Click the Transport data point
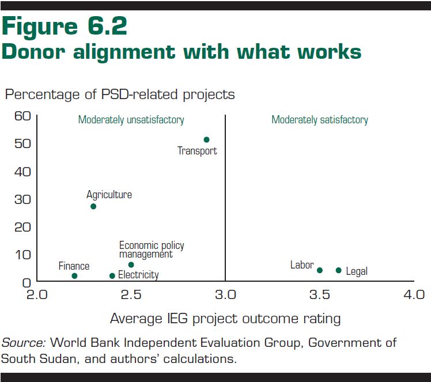click(x=206, y=139)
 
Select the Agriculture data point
click(x=93, y=206)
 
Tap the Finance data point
click(x=74, y=276)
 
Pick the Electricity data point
click(x=112, y=276)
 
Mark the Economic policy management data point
click(x=131, y=264)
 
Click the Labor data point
click(x=320, y=270)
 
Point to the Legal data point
click(x=338, y=270)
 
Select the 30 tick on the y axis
click(x=21, y=199)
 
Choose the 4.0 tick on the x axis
click(x=413, y=296)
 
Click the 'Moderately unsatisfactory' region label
click(x=131, y=120)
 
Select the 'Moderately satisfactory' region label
click(x=320, y=120)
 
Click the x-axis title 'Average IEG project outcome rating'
click(x=225, y=319)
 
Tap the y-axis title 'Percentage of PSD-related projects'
click(x=120, y=94)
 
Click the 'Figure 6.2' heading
click(x=65, y=27)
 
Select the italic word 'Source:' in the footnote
click(x=23, y=342)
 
